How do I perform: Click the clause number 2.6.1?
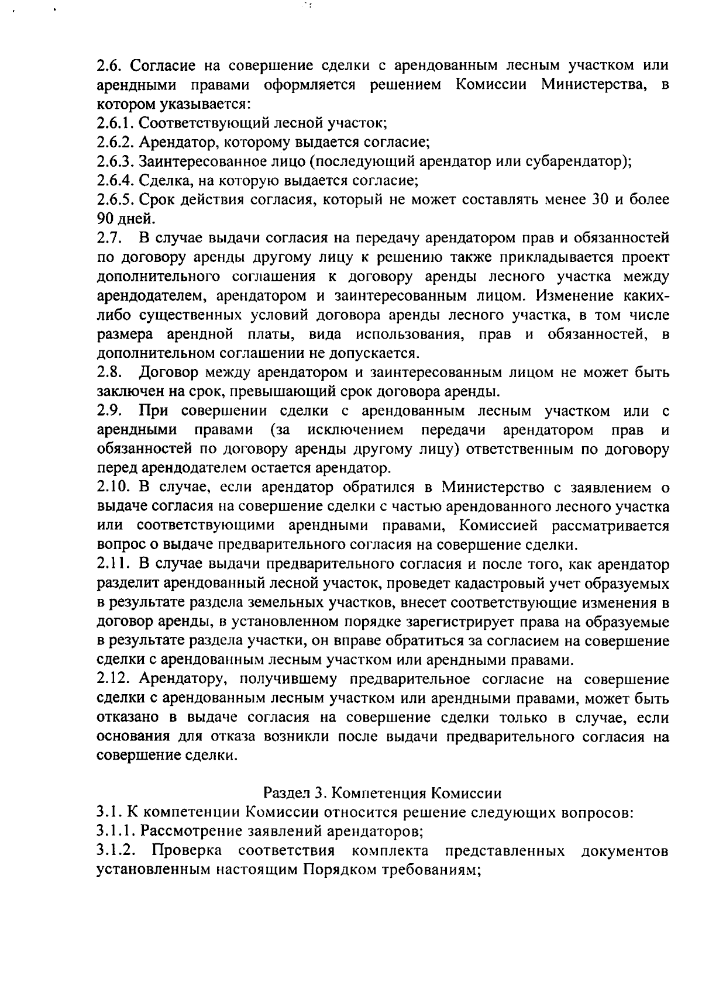(x=115, y=123)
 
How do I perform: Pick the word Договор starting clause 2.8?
(x=166, y=373)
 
